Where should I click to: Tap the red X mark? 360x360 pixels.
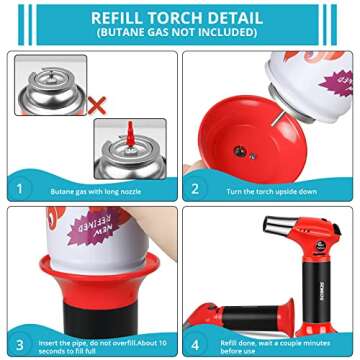[98, 103]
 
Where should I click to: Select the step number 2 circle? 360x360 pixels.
[196, 187]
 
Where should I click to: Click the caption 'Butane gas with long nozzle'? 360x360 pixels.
[90, 188]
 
